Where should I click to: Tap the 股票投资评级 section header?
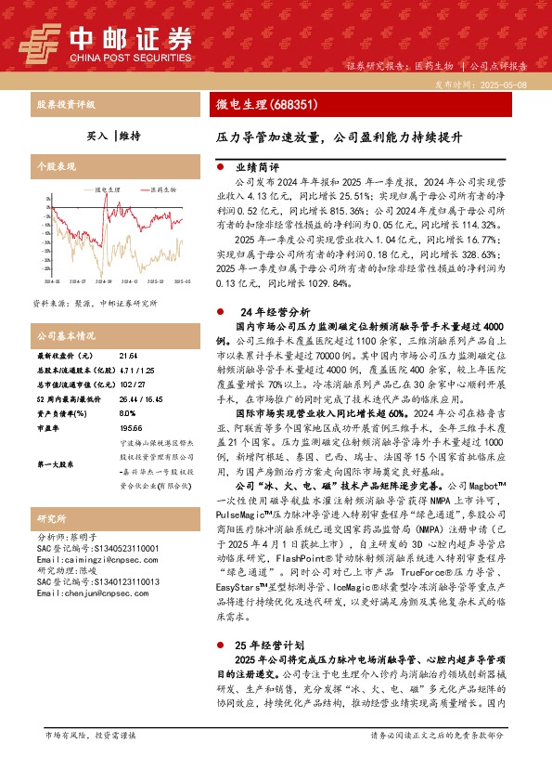[x=66, y=106]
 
